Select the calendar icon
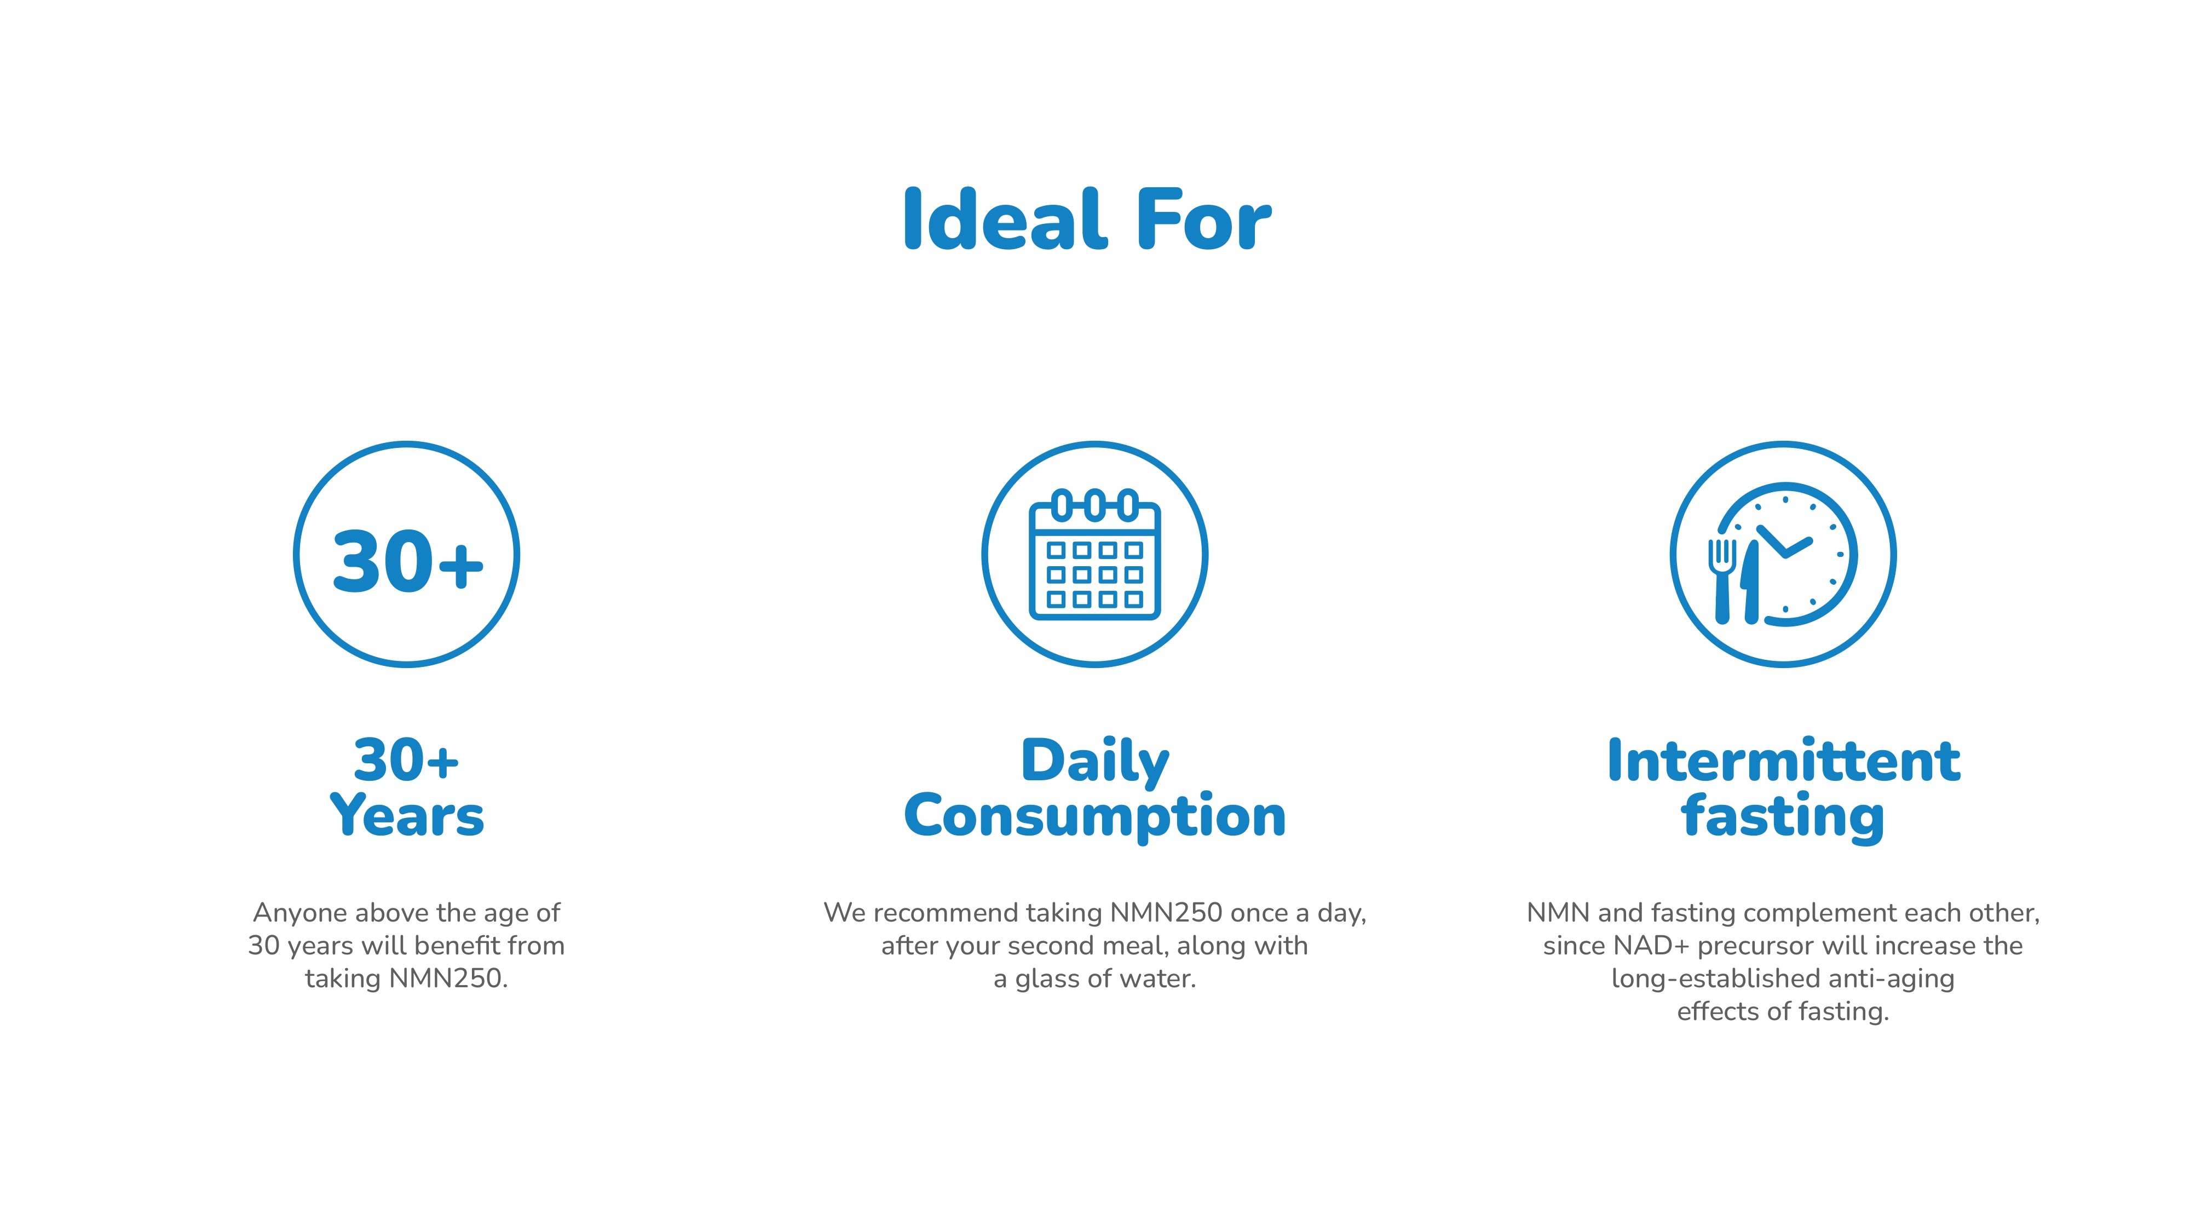pyautogui.click(x=1095, y=554)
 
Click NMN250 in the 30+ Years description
pyautogui.click(x=448, y=978)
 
